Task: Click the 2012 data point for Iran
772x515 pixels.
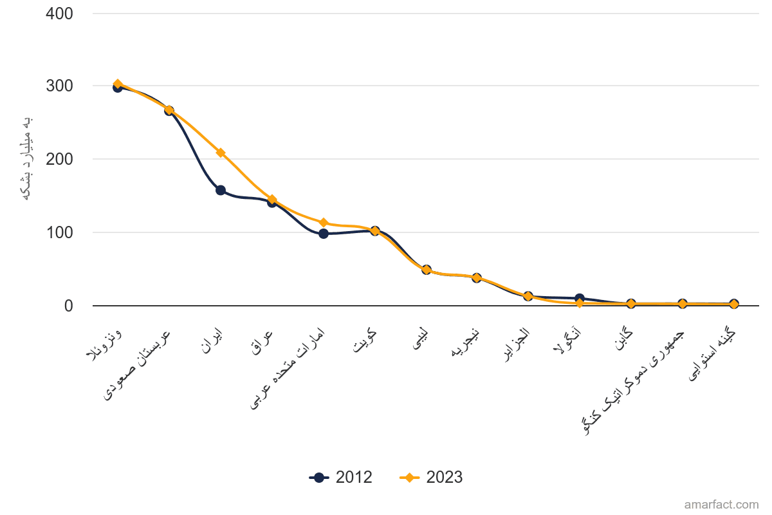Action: tap(221, 191)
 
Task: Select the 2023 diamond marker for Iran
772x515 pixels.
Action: tap(221, 153)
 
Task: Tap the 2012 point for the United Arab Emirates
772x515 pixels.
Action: tap(323, 234)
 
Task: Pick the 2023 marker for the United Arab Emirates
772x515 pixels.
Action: tap(323, 223)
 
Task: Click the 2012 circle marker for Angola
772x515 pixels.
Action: tap(580, 298)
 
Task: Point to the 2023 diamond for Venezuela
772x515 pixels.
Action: tap(118, 84)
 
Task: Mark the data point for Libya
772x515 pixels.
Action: tap(427, 270)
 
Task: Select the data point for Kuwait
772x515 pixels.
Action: tap(375, 230)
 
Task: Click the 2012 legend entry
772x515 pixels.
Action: tap(340, 478)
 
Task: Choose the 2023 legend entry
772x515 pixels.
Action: tap(431, 478)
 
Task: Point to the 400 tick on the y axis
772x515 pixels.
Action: tap(59, 14)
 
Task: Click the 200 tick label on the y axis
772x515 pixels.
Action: tap(59, 160)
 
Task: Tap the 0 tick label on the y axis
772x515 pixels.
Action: tap(69, 306)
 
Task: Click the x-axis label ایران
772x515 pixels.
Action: tap(212, 341)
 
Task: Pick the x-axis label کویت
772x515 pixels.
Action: tap(364, 341)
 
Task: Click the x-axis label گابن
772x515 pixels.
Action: tap(624, 339)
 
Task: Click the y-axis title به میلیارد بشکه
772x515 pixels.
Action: tap(27, 158)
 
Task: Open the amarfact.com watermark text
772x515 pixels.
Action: tap(721, 505)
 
